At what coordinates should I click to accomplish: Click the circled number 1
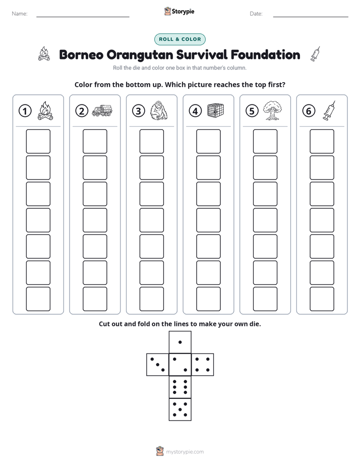click(25, 111)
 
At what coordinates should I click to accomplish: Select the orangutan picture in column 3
click(159, 110)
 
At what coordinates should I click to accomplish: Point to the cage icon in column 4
click(216, 110)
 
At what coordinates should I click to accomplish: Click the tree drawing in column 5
click(272, 110)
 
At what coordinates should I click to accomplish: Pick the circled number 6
click(309, 111)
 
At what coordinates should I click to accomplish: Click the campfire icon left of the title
click(44, 54)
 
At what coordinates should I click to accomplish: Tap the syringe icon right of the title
click(315, 54)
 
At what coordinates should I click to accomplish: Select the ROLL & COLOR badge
click(179, 39)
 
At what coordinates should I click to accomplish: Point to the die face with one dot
click(180, 342)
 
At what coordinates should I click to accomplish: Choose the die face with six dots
click(180, 387)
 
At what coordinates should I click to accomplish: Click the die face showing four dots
click(203, 365)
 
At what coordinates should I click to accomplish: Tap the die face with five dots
click(180, 410)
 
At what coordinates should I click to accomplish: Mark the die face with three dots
click(158, 365)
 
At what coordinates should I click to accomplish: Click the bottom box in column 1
click(38, 299)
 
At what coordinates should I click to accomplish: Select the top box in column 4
click(208, 141)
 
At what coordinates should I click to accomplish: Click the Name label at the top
click(20, 14)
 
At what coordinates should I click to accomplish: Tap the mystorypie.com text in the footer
click(185, 452)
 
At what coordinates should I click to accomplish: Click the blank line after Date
click(311, 17)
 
